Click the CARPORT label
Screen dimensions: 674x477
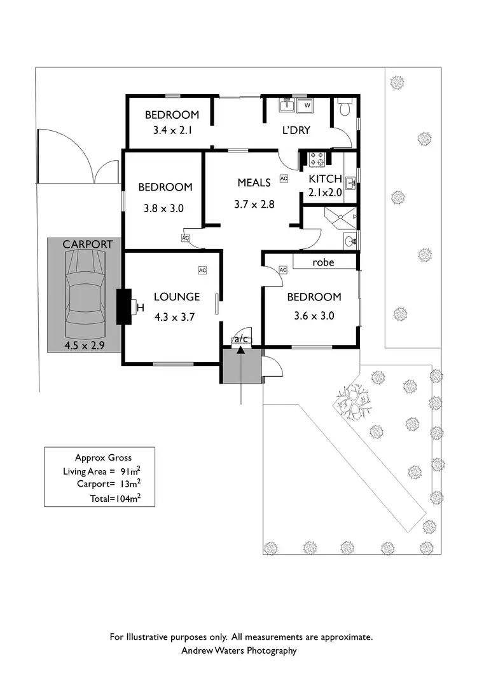click(88, 244)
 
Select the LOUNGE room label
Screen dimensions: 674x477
click(177, 297)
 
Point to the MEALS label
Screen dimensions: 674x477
click(254, 182)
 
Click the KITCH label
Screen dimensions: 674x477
click(325, 179)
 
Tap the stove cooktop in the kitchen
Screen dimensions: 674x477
click(317, 159)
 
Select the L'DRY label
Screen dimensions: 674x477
click(296, 130)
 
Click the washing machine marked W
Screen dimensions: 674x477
click(307, 105)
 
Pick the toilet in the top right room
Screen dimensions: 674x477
click(345, 107)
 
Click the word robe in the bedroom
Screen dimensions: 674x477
click(323, 262)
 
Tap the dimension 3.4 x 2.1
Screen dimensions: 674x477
click(172, 132)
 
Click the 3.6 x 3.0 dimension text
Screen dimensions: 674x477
click(314, 315)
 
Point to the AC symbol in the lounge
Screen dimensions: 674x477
click(202, 271)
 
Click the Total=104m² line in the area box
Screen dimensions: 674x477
click(114, 499)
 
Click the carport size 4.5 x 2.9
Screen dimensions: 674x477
click(84, 346)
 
